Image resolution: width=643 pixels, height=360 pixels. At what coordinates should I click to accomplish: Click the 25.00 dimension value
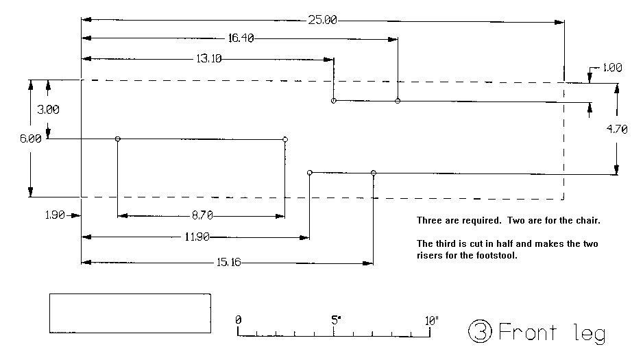[x=322, y=20]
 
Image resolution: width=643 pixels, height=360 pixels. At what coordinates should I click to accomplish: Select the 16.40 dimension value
[x=241, y=38]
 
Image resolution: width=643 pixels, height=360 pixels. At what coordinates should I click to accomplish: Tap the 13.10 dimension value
[x=208, y=59]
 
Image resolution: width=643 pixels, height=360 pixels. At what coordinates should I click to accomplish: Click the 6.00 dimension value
[x=31, y=139]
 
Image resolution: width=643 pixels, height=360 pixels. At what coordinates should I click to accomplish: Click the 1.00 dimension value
[x=611, y=68]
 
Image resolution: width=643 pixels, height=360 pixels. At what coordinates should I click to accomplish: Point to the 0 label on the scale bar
[x=238, y=320]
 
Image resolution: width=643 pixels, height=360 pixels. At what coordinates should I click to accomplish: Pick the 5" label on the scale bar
[x=335, y=320]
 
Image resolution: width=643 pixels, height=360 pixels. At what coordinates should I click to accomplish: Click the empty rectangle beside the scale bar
[x=130, y=314]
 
